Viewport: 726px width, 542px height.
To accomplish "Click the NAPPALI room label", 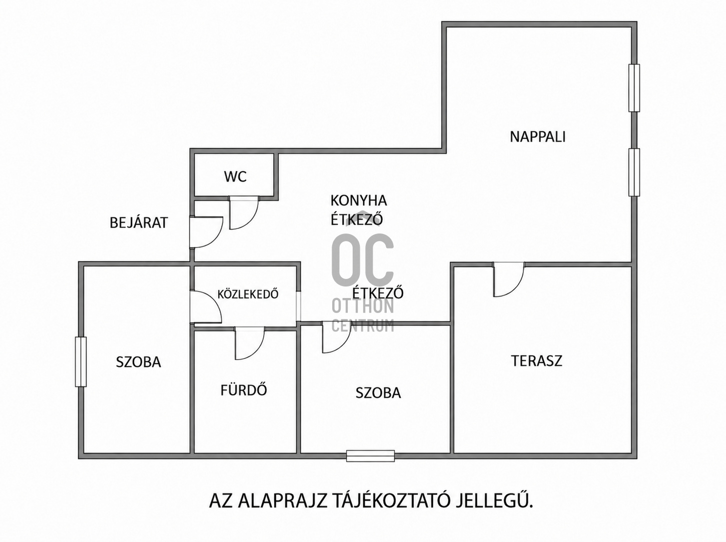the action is [x=537, y=137].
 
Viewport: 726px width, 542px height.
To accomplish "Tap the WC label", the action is [x=235, y=177].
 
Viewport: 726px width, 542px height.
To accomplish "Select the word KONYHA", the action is [x=359, y=200].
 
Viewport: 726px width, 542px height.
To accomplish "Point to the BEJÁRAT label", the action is [x=139, y=222].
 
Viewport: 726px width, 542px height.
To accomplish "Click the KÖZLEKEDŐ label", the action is [x=248, y=294].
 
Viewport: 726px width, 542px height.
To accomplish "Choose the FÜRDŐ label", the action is [x=244, y=389].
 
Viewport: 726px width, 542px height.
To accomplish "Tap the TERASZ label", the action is [x=536, y=361].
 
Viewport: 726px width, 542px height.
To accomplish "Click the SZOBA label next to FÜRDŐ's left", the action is [x=138, y=362].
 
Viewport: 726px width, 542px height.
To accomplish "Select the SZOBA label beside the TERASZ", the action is [x=378, y=393].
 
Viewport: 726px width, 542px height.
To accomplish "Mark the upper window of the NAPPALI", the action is [x=634, y=88].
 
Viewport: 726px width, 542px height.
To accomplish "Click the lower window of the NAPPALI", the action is [x=634, y=172].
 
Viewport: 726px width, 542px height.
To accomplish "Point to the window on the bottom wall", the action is [x=370, y=455].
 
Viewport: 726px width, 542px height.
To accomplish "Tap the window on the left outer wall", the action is [x=81, y=361].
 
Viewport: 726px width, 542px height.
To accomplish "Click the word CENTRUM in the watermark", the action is [x=363, y=326].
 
